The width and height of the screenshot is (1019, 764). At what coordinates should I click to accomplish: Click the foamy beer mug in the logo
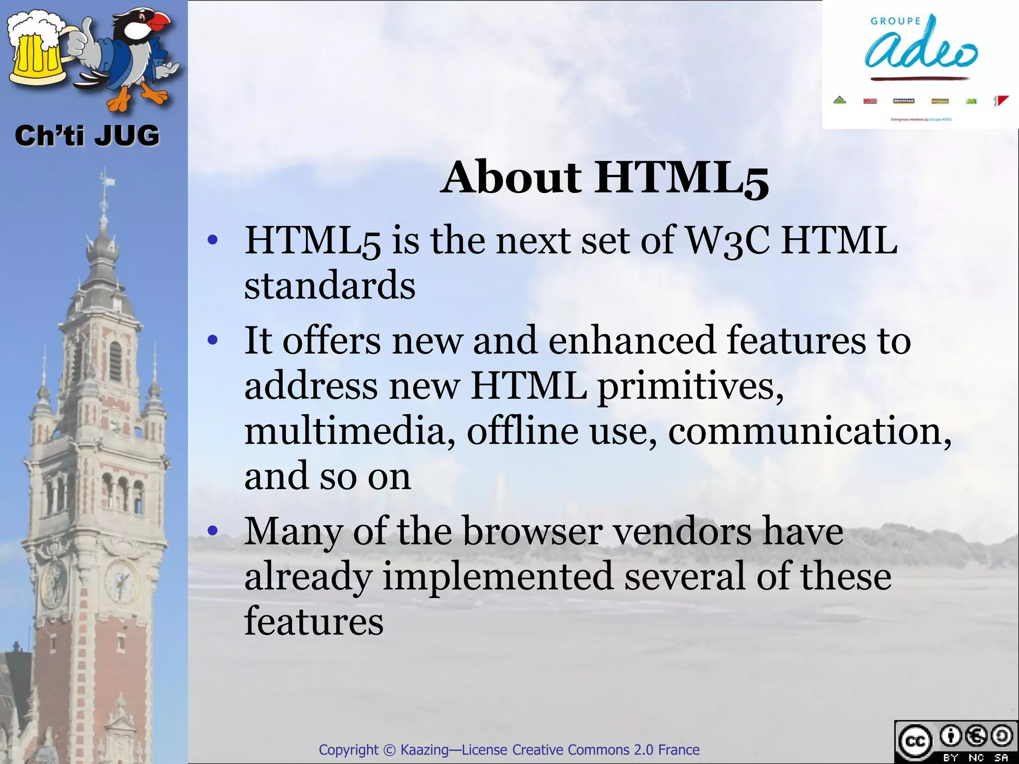point(37,50)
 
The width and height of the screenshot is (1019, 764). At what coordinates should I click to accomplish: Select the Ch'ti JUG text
point(87,136)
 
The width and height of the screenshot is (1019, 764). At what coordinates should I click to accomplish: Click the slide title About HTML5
point(605,178)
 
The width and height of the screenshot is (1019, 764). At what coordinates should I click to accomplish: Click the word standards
point(329,286)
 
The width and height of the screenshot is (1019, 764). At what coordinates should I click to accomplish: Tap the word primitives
point(690,386)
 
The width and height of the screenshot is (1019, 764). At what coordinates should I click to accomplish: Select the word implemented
point(498,577)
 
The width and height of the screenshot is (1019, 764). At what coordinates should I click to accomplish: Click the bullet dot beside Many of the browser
point(213,531)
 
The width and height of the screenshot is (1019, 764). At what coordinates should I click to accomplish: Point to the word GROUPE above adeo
point(896,21)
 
